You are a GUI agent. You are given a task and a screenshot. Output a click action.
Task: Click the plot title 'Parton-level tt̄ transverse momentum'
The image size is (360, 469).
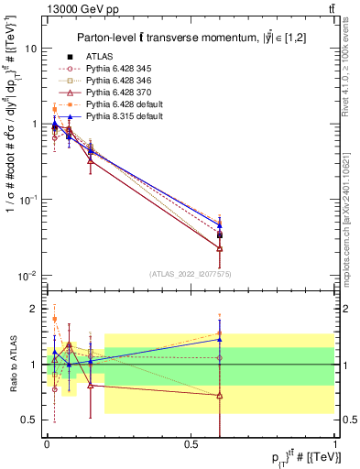[183, 37]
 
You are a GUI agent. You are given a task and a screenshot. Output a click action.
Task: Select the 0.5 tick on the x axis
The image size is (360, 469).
[191, 444]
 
